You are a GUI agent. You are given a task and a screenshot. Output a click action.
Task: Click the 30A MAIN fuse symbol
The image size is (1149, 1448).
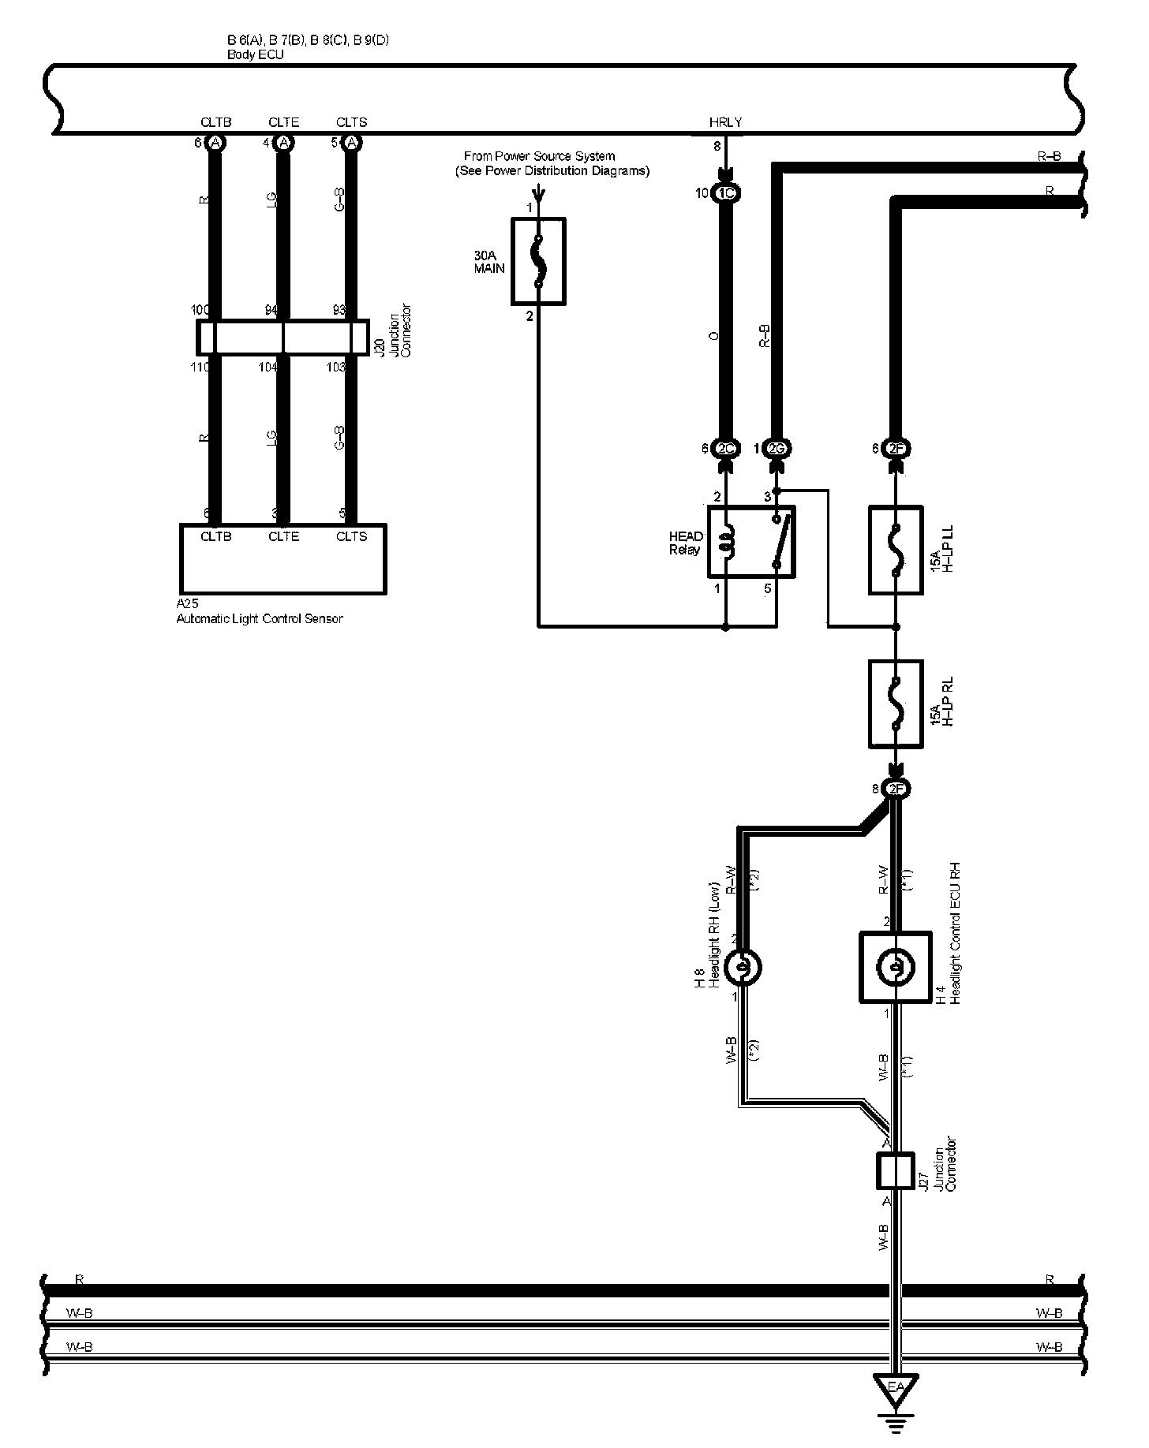coord(538,261)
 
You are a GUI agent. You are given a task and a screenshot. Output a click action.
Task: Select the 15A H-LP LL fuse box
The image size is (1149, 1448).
coord(896,550)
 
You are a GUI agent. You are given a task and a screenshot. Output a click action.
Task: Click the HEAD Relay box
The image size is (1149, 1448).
coord(750,542)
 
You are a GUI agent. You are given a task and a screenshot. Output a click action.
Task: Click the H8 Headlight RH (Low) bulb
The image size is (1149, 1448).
coord(743,968)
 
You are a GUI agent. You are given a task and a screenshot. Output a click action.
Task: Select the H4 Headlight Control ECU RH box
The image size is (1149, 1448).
coord(895,968)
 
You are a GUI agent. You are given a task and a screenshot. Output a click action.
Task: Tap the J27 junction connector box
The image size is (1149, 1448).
coord(895,1170)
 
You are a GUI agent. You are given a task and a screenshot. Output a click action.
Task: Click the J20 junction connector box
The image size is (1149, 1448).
coord(283,338)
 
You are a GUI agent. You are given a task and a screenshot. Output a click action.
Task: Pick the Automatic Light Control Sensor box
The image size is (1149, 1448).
coord(283,558)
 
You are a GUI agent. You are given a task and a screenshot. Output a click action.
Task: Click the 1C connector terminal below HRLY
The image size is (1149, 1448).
coord(725,193)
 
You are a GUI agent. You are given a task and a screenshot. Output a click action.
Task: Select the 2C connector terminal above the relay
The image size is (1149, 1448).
coord(725,449)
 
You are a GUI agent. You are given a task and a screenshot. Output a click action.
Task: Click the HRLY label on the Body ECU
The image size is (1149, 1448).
coord(725,122)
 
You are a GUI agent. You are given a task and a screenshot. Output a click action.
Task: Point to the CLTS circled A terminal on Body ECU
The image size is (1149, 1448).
coord(352,143)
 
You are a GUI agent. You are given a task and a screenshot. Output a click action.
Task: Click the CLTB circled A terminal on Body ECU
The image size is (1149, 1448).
coord(215,143)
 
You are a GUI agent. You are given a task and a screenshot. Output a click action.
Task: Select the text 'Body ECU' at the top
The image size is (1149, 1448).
coord(255,55)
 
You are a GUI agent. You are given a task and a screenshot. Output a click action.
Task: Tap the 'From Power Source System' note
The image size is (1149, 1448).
coord(552,163)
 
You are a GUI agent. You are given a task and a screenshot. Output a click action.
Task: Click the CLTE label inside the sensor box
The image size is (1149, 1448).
coord(283,536)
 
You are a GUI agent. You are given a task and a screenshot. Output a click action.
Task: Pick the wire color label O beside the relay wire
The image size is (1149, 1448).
coord(713,336)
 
